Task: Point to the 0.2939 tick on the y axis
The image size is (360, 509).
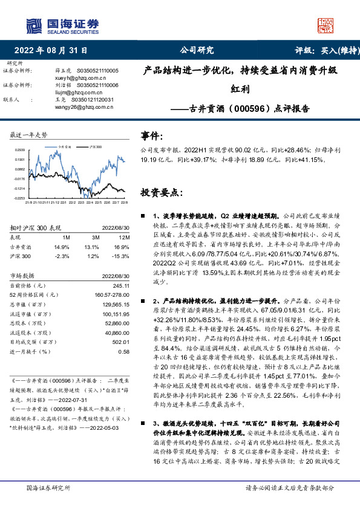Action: coord(21,149)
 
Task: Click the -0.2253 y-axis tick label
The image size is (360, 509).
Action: coord(20,198)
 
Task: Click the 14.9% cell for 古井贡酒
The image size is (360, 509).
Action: coord(62,247)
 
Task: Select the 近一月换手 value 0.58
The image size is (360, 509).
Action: coord(123,351)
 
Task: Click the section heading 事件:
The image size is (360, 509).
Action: coord(152,137)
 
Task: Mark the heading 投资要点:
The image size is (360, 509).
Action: coord(161,192)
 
